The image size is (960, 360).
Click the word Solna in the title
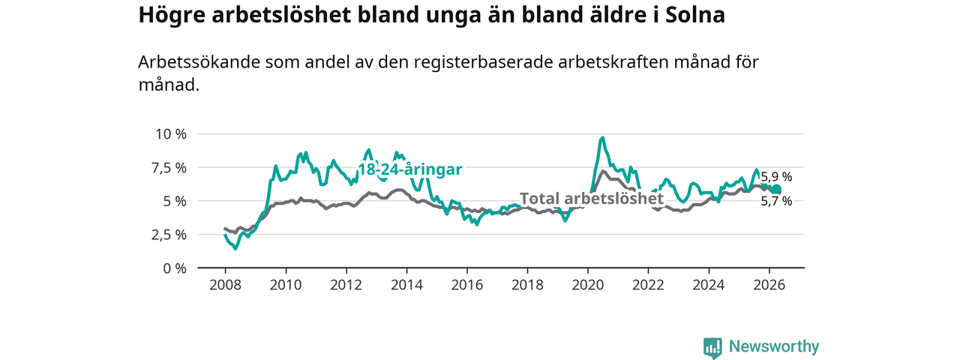pyautogui.click(x=695, y=14)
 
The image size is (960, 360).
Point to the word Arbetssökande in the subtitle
pyautogui.click(x=199, y=62)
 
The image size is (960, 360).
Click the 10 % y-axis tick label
pyautogui.click(x=172, y=133)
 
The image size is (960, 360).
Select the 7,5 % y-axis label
pyautogui.click(x=169, y=167)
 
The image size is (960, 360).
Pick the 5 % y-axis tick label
pyautogui.click(x=175, y=201)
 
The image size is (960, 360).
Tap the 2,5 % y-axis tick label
pyautogui.click(x=169, y=235)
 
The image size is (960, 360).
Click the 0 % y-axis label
pyautogui.click(x=175, y=268)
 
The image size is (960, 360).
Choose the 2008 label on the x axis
pyautogui.click(x=226, y=285)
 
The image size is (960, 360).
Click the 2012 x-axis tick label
pyautogui.click(x=346, y=285)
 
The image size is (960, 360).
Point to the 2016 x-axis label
pyautogui.click(x=467, y=285)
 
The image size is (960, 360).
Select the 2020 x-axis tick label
pyautogui.click(x=588, y=285)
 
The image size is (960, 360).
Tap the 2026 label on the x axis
pyautogui.click(x=769, y=285)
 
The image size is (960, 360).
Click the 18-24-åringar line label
pyautogui.click(x=410, y=169)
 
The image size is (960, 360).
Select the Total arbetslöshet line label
pyautogui.click(x=592, y=199)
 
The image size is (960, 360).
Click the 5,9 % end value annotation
pyautogui.click(x=776, y=176)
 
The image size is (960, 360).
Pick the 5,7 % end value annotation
pyautogui.click(x=776, y=201)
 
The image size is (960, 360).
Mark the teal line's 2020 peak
pyautogui.click(x=603, y=137)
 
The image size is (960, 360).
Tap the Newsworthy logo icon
pyautogui.click(x=712, y=347)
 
